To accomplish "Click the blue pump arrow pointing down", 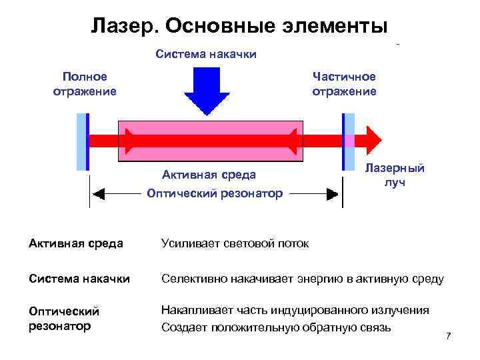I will [x=206, y=89].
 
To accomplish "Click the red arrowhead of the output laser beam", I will [x=375, y=141].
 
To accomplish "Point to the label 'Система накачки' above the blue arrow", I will [x=206, y=54].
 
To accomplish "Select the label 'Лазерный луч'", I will [x=395, y=175].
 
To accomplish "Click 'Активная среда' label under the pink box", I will [x=209, y=175].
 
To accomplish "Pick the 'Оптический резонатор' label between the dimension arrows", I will [x=215, y=193].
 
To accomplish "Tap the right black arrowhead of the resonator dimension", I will [x=332, y=194].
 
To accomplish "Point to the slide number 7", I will [x=448, y=335].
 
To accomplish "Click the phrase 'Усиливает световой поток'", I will [x=235, y=243].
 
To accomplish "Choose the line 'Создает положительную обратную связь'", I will [x=277, y=327].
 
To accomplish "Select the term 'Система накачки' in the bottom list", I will [x=79, y=279].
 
